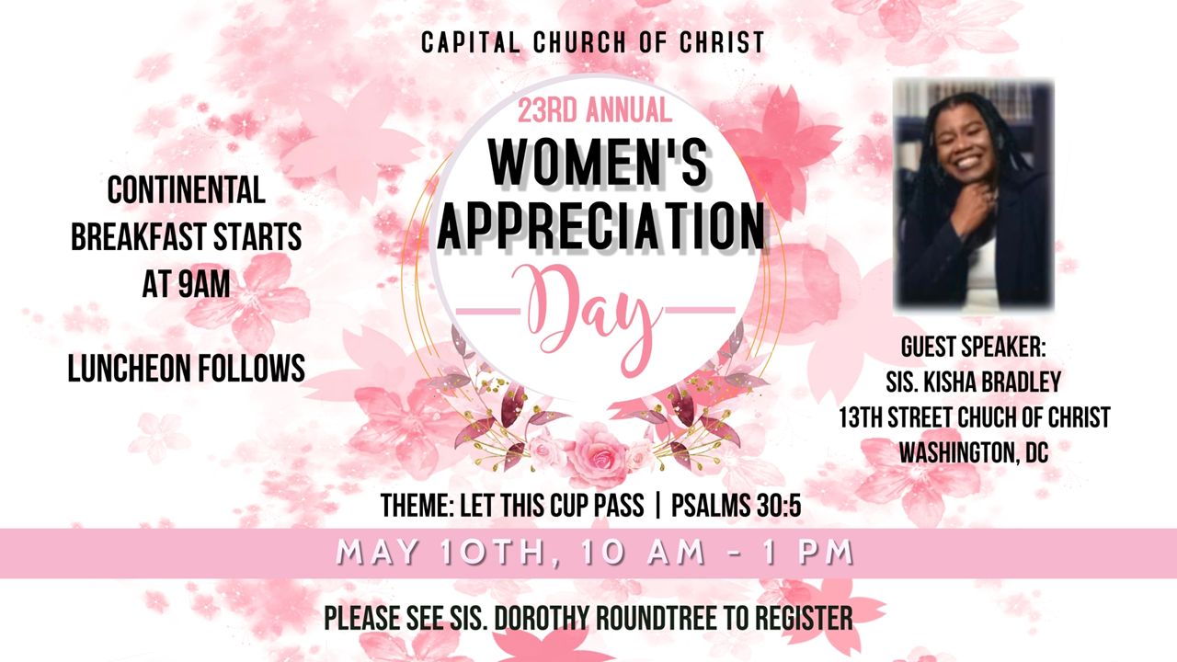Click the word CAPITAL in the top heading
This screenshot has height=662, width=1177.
[471, 42]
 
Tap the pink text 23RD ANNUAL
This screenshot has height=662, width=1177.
[595, 109]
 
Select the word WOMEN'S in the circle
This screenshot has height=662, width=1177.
[598, 163]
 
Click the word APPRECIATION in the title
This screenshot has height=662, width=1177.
[601, 226]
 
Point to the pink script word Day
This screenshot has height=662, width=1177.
[594, 315]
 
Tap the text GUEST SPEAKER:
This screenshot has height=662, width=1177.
[974, 347]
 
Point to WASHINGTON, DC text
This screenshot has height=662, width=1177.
[974, 452]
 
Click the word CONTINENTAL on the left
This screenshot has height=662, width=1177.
[186, 190]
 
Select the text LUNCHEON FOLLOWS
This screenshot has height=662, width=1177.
[187, 368]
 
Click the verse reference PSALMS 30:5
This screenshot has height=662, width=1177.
[737, 506]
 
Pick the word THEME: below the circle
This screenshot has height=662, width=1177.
[417, 506]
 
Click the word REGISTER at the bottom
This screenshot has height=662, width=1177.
[804, 619]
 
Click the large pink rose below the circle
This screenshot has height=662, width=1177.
[598, 453]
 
